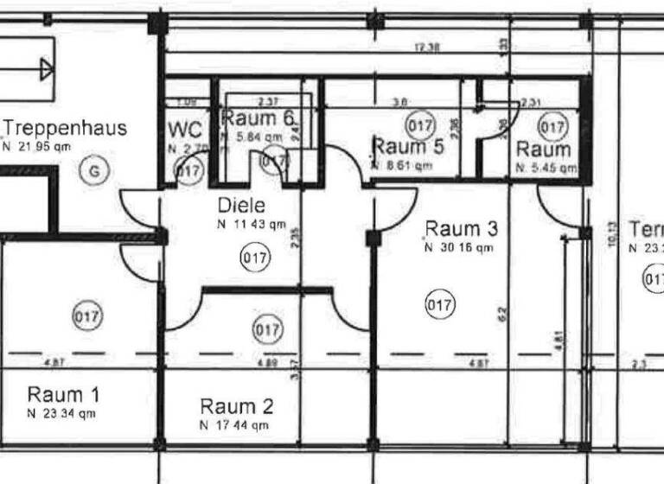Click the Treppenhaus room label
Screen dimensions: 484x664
[x=67, y=129]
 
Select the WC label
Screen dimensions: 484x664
[x=184, y=130]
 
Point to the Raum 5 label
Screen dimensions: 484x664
[x=408, y=146]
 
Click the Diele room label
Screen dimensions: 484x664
[x=241, y=207]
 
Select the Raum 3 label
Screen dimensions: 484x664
[x=461, y=229]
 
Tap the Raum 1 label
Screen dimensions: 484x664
[x=63, y=395]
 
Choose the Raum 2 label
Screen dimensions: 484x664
[x=236, y=406]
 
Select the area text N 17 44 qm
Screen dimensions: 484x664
[x=233, y=425]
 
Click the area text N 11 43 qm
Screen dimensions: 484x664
[x=251, y=225]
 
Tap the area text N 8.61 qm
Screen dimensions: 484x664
[x=403, y=165]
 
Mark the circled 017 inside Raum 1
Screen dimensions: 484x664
[x=87, y=316]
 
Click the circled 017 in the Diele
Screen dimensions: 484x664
[x=256, y=257]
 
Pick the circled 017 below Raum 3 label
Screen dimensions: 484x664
[x=440, y=304]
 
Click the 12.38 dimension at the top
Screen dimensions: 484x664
[x=427, y=48]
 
